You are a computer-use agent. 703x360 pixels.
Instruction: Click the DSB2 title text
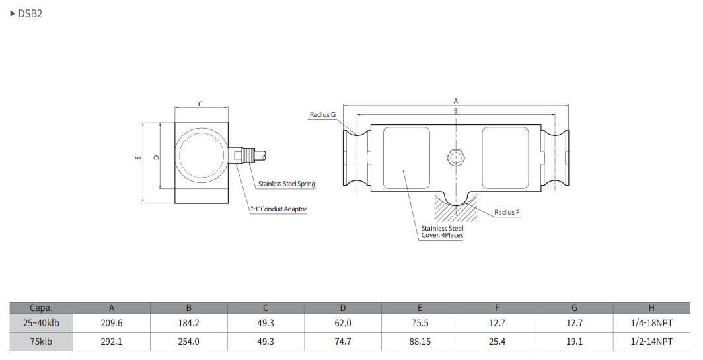[x=30, y=13]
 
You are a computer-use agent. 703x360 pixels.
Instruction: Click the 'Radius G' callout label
[x=322, y=114]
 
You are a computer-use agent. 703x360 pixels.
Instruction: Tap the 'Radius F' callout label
[x=507, y=213]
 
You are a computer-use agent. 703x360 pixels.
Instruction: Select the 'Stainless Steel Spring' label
[x=286, y=184]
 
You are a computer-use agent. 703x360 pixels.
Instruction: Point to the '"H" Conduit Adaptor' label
[x=278, y=209]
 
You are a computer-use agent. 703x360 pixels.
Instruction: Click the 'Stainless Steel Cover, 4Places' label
[x=442, y=231]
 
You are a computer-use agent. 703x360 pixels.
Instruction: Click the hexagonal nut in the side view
[x=455, y=157]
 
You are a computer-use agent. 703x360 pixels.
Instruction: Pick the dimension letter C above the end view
[x=200, y=104]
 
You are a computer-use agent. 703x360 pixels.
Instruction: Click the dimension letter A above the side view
[x=455, y=100]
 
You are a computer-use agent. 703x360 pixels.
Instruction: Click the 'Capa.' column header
[x=41, y=308]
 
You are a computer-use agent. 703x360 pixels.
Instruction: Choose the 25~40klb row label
[x=41, y=324]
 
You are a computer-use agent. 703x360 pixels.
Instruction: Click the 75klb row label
[x=41, y=342]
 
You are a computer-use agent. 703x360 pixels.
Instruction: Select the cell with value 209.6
[x=111, y=324]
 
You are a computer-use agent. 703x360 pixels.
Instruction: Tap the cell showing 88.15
[x=420, y=342]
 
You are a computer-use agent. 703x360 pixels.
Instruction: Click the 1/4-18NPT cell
[x=651, y=324]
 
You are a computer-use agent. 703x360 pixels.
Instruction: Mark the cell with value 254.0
[x=188, y=342]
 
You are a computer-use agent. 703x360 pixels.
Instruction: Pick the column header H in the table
[x=651, y=308]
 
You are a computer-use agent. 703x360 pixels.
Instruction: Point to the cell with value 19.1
[x=574, y=342]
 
